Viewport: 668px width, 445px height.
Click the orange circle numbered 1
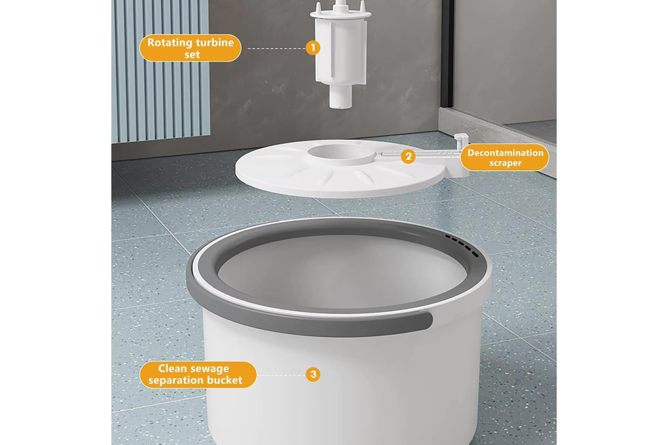pos(313,48)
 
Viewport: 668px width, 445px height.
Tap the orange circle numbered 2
pos(408,156)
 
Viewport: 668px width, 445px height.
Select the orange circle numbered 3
pos(313,374)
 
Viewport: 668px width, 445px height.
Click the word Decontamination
pos(505,152)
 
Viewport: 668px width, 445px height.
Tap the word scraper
pos(505,163)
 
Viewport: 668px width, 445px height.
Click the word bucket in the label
pos(224,380)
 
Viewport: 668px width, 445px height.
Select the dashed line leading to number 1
pos(276,48)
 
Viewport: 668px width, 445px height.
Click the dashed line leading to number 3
pos(281,375)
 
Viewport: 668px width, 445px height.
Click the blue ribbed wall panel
pos(161,71)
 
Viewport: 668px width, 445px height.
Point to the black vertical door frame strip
pos(446,53)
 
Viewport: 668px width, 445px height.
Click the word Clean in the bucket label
pos(173,369)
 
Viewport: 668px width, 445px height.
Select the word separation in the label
pos(176,380)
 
